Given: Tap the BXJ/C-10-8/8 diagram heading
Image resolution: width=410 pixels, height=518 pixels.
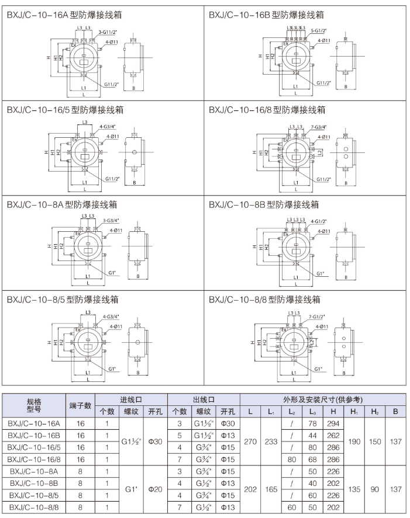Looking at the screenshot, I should point(265,300).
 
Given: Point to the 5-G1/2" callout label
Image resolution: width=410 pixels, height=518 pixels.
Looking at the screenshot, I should point(319,30).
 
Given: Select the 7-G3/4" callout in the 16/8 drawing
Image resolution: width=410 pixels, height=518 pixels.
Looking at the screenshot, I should point(319,127).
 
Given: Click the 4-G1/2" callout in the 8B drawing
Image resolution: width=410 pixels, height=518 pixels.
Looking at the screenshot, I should point(319,222).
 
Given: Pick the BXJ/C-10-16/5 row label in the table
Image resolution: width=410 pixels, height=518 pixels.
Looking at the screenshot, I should point(35,447).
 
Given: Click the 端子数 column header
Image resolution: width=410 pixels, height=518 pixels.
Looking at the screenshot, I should point(81,405).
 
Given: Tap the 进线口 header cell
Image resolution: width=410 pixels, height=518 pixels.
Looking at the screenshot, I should point(131,399).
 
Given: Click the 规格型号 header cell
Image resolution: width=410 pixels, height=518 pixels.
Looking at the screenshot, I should point(35,405).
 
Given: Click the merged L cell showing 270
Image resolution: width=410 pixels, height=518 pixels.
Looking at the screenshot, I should point(250,441).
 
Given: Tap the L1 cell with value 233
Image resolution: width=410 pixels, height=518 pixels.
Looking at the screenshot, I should point(271,441).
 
